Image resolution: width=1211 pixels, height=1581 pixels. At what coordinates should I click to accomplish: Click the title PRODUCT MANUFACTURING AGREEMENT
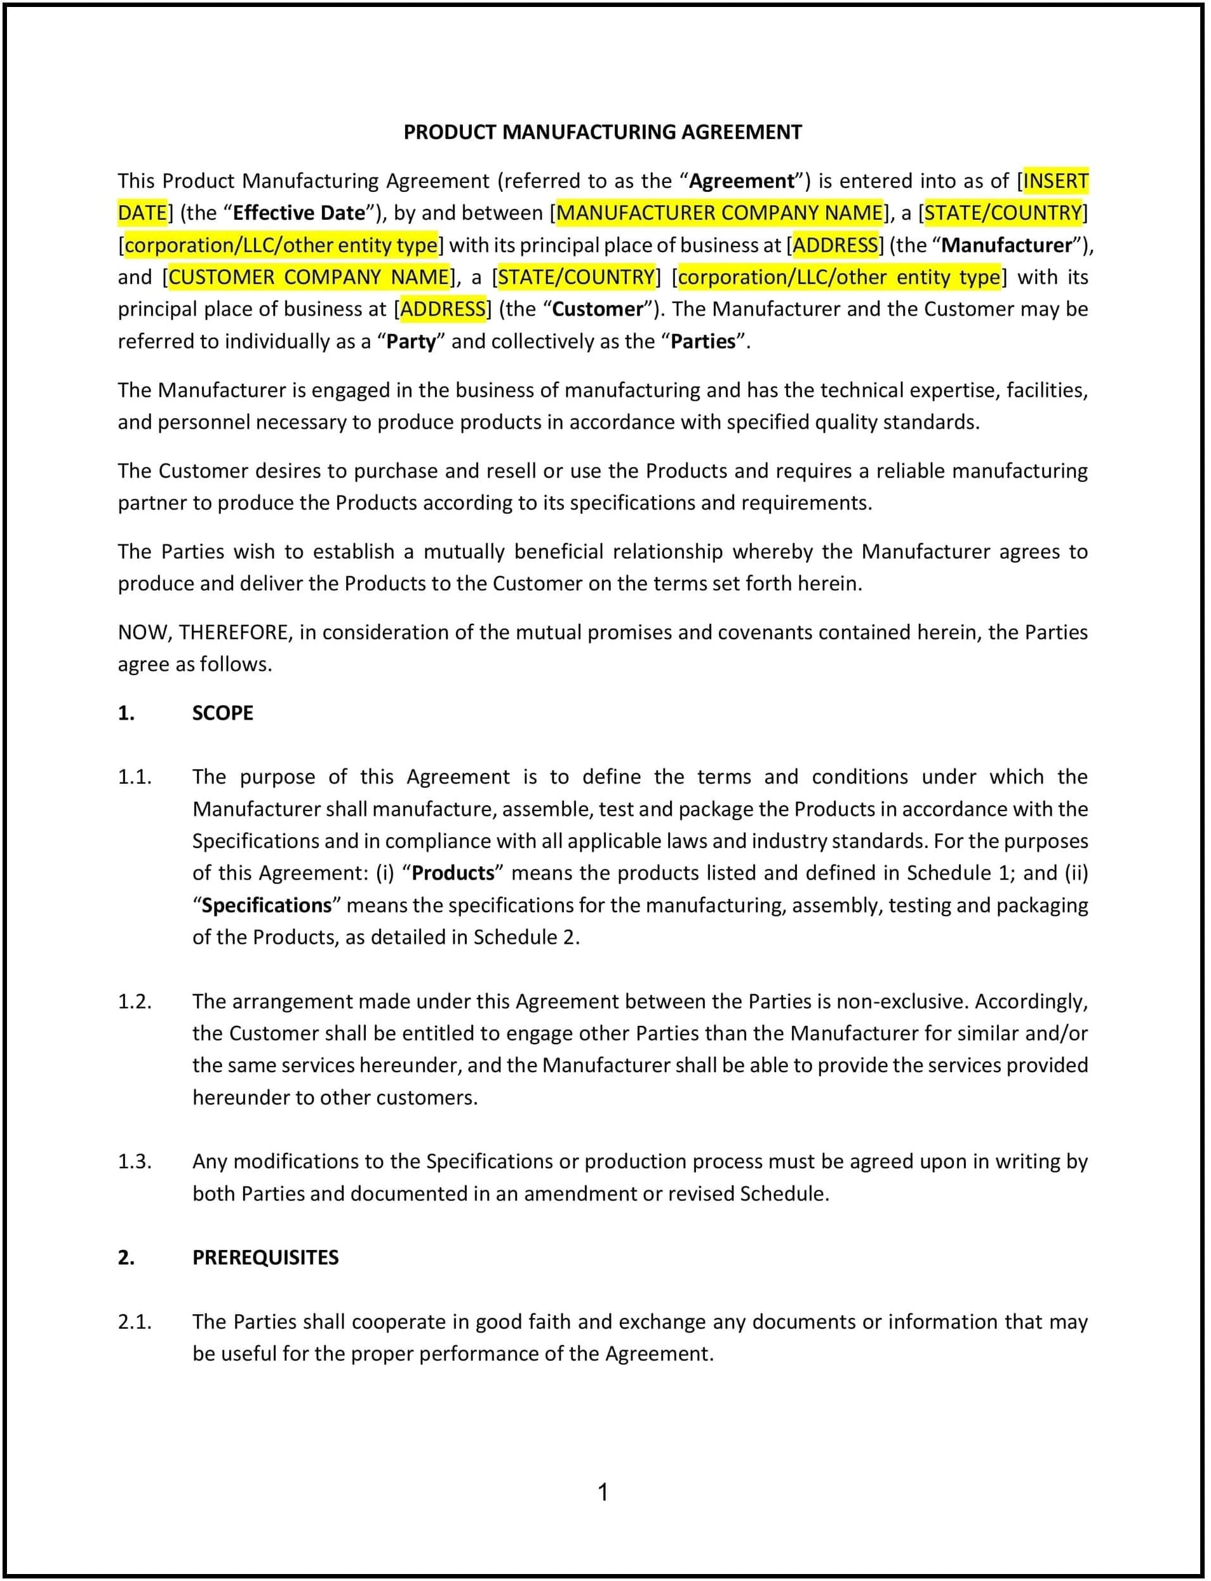(x=602, y=132)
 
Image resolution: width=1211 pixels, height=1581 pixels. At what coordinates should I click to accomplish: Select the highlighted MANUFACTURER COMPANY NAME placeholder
(x=719, y=213)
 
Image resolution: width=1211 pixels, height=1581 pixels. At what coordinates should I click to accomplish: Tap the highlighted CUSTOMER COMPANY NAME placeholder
(x=309, y=277)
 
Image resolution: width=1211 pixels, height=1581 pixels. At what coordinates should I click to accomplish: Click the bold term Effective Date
(x=298, y=213)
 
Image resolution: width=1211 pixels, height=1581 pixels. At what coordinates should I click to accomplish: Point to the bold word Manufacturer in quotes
(x=1007, y=245)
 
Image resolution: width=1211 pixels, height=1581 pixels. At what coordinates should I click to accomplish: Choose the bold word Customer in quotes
(x=597, y=309)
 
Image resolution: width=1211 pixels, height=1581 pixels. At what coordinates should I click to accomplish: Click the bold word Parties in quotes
(x=703, y=341)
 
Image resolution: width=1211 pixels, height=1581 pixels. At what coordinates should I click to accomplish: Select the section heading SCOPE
(x=222, y=713)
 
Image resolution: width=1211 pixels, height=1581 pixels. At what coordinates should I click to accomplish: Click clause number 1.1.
(x=134, y=777)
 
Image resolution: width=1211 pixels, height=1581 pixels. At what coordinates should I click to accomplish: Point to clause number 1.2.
(x=134, y=1001)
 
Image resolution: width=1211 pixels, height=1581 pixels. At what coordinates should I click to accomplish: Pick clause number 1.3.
(x=134, y=1161)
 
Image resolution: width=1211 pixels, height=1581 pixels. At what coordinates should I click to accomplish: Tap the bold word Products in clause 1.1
(x=453, y=873)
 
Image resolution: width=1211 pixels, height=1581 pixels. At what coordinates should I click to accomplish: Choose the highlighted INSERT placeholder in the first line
(x=1055, y=180)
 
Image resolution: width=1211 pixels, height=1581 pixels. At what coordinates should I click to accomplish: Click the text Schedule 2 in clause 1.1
(x=524, y=937)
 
